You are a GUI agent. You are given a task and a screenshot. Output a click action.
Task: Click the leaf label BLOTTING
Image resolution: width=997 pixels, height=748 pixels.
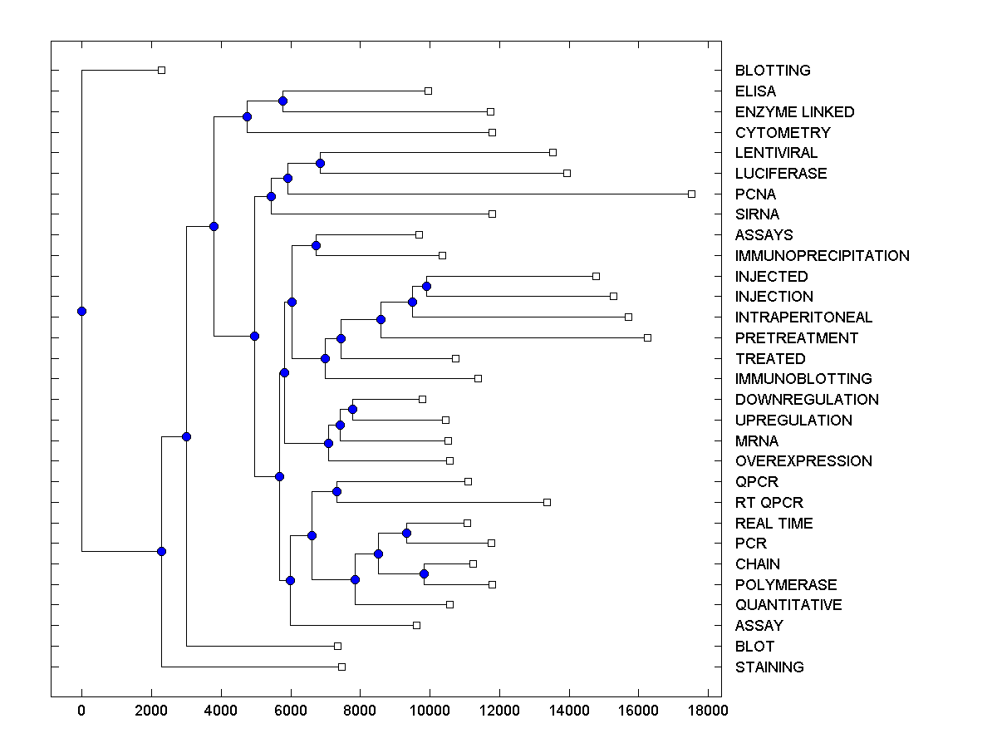(x=773, y=71)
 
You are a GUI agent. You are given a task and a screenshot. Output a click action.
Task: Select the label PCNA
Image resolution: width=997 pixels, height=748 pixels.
(x=755, y=194)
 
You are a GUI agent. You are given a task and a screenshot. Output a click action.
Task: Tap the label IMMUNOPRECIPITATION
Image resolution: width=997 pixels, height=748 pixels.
(x=822, y=256)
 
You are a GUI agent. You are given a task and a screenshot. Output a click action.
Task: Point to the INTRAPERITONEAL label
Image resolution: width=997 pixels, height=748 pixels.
(x=803, y=317)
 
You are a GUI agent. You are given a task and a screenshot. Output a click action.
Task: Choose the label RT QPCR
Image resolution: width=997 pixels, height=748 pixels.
(x=769, y=503)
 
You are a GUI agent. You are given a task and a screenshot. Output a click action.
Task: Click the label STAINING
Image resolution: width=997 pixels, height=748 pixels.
(x=769, y=667)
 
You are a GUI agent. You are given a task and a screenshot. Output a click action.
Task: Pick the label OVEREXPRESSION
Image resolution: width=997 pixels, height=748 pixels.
(x=803, y=461)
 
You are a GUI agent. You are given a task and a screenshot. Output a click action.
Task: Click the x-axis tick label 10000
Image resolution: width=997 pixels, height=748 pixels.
(x=430, y=711)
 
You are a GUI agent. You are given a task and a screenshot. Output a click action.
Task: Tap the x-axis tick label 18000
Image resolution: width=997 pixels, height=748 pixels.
(x=708, y=711)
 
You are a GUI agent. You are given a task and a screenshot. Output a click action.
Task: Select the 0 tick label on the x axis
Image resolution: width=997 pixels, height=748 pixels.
(x=81, y=711)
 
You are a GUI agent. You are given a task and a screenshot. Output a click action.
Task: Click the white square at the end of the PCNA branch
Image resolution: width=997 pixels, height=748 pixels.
(x=691, y=194)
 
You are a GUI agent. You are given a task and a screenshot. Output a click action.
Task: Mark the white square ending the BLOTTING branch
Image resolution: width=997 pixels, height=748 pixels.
(x=162, y=70)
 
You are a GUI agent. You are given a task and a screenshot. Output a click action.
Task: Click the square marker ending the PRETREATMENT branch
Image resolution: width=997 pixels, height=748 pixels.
(x=648, y=337)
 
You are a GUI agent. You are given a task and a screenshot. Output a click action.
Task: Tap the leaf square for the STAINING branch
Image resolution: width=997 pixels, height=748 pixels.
(x=341, y=667)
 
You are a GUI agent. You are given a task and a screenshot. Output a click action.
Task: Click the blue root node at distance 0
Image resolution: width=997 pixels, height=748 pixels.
(x=81, y=311)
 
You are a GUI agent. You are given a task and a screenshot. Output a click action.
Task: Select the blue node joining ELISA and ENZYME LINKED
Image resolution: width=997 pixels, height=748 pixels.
(x=282, y=101)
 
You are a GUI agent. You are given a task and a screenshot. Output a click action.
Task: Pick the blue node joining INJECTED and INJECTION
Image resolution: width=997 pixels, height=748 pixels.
(x=427, y=286)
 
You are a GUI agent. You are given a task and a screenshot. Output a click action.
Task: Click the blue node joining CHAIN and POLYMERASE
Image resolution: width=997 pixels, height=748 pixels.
(x=424, y=573)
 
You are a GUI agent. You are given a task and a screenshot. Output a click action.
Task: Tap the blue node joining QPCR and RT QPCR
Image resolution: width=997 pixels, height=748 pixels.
(x=336, y=491)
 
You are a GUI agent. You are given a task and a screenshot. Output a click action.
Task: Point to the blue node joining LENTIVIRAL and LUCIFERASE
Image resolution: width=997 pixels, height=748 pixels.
(x=321, y=163)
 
